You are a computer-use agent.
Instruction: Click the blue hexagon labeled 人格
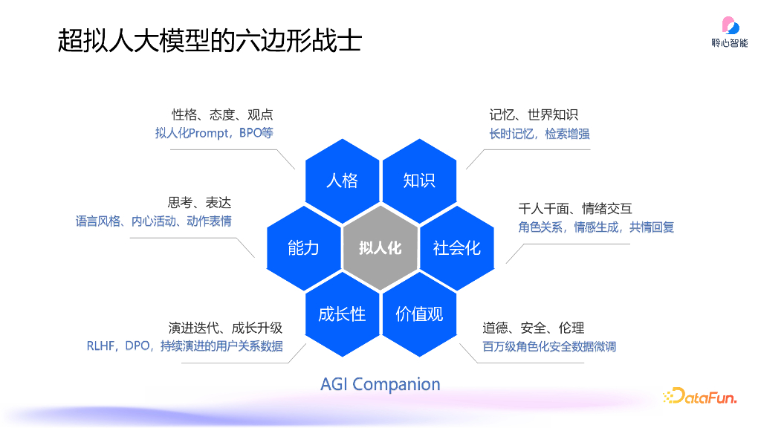342,181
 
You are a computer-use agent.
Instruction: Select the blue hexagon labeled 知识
419,181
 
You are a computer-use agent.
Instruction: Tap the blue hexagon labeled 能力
303,247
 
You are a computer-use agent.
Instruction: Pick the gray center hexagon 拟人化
380,247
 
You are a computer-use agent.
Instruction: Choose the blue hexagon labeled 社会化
457,247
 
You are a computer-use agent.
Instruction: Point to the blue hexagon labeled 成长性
342,314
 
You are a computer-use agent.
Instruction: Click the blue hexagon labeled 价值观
419,314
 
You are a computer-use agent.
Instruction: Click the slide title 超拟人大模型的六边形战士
210,41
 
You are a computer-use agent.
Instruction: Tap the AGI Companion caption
380,384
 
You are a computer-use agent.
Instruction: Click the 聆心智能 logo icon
730,27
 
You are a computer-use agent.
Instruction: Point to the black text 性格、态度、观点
222,114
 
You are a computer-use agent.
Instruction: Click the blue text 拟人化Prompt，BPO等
214,134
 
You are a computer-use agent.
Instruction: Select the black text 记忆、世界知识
534,114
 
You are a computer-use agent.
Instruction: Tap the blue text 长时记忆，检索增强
540,134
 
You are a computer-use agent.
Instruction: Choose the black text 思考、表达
199,203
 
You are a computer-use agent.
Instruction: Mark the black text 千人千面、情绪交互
574,209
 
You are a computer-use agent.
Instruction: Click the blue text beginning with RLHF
184,346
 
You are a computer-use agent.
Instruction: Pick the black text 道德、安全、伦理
534,328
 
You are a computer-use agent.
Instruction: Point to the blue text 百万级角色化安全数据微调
549,346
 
